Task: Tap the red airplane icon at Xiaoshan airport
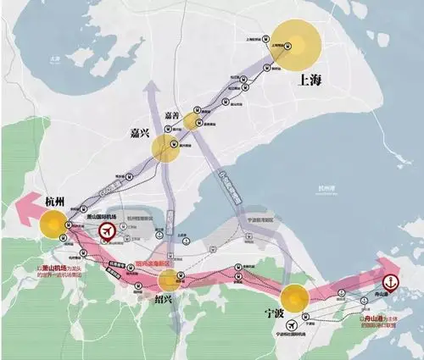108,231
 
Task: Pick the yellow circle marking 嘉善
195,121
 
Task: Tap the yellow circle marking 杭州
53,225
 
